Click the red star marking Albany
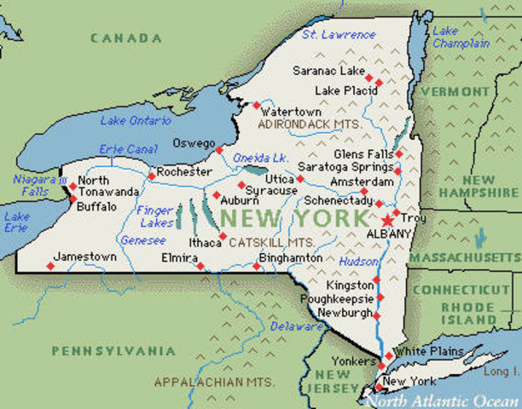388,220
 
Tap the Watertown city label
291,112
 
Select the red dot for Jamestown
49,267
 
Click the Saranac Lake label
328,71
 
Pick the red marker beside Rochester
152,176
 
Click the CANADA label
126,38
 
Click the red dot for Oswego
218,150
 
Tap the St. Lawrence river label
339,35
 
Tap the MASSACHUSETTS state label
464,256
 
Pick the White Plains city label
428,351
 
